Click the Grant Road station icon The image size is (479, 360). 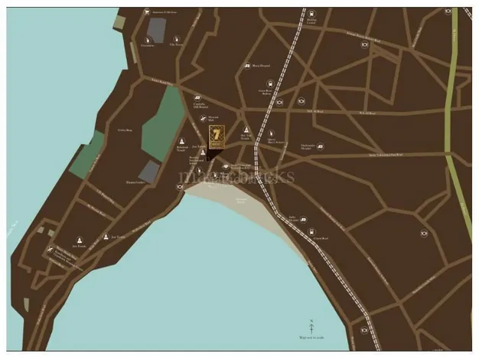click(279, 101)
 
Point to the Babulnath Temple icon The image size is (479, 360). click(181, 141)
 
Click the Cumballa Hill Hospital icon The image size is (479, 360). click(197, 98)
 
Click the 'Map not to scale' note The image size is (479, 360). click(311, 339)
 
